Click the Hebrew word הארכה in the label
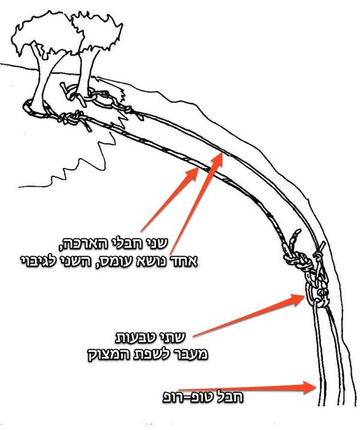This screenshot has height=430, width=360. pyautogui.click(x=79, y=243)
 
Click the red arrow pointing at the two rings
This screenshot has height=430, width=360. pyautogui.click(x=249, y=315)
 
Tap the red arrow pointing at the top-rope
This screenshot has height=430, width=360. pyautogui.click(x=247, y=388)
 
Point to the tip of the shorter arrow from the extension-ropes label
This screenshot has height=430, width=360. pyautogui.click(x=198, y=167)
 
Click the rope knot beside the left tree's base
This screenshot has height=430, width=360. pyautogui.click(x=72, y=119)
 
